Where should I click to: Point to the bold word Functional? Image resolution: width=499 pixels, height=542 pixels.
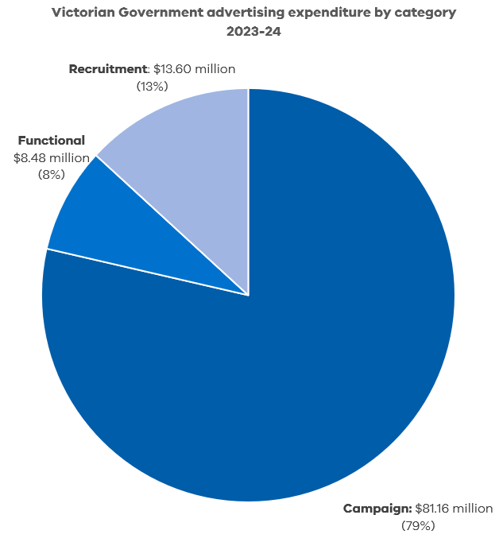click(51, 141)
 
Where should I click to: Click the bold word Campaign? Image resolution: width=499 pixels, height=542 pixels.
click(377, 509)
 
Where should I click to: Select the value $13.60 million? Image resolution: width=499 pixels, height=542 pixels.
click(194, 69)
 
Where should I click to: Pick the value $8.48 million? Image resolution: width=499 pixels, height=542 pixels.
click(51, 157)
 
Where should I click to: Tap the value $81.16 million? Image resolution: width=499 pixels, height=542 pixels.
click(454, 509)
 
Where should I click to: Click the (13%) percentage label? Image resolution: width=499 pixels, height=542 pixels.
click(152, 86)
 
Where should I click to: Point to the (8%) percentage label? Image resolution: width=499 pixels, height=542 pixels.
click(51, 174)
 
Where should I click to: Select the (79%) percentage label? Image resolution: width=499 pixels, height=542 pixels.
click(418, 525)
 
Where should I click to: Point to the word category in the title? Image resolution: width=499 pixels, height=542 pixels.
click(427, 14)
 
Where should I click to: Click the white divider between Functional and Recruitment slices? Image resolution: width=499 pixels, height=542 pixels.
click(172, 225)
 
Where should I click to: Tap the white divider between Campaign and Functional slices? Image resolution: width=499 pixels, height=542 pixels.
click(147, 272)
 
